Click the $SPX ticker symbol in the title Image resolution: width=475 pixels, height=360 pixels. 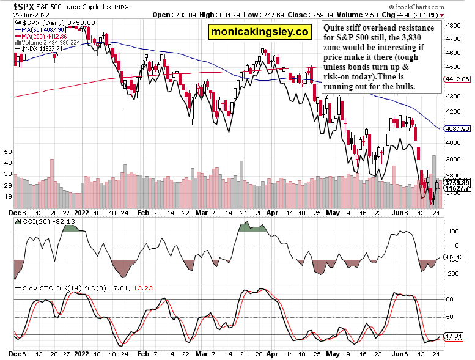point(17,6)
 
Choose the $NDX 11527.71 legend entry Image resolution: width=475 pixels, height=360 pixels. point(41,49)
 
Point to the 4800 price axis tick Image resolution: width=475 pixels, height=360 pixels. point(454,26)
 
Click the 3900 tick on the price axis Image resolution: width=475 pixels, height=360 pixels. point(454,158)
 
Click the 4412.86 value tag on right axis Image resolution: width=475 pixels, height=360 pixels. point(457,79)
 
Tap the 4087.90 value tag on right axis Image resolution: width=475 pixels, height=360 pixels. point(457,128)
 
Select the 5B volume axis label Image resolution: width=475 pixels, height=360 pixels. point(8,151)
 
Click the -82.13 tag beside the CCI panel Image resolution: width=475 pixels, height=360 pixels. point(455,257)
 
